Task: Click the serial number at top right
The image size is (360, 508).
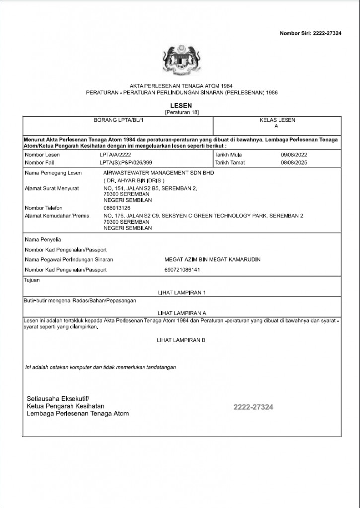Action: click(x=310, y=33)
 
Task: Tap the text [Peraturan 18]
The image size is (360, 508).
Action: click(x=181, y=112)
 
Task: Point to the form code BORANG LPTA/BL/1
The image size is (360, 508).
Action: click(x=118, y=120)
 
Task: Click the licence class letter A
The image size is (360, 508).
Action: click(x=277, y=127)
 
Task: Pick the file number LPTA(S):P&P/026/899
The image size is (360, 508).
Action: click(x=126, y=162)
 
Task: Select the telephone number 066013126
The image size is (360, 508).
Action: click(x=117, y=208)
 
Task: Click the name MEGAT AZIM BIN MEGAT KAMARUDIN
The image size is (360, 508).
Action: click(x=213, y=259)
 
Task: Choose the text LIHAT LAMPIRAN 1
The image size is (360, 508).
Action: click(x=181, y=293)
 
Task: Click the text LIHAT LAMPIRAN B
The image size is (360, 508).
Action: click(x=181, y=340)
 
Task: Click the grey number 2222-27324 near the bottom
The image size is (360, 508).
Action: click(x=253, y=407)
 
